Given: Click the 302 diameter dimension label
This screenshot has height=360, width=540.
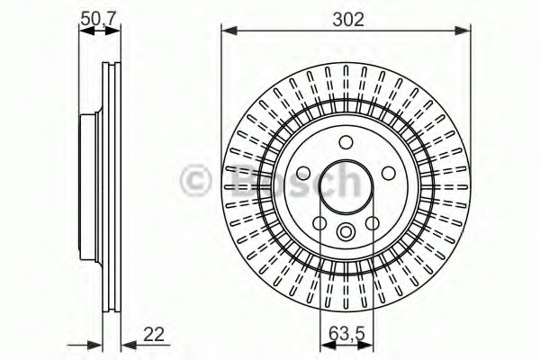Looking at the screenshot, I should pos(346,18).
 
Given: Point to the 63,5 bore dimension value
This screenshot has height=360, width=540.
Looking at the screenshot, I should pos(346,335).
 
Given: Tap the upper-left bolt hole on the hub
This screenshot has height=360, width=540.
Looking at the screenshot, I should pos(303,173).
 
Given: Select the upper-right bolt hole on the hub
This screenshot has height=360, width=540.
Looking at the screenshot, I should pos(388,173).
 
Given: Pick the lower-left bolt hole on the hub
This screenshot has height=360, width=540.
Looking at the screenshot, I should pos(319,223).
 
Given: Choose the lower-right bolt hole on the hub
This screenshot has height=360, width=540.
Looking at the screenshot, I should pos(373,223).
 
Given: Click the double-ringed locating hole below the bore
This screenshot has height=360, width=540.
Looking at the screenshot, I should pos(346,232).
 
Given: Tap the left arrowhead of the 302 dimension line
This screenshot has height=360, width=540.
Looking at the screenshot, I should pos(227,31).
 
